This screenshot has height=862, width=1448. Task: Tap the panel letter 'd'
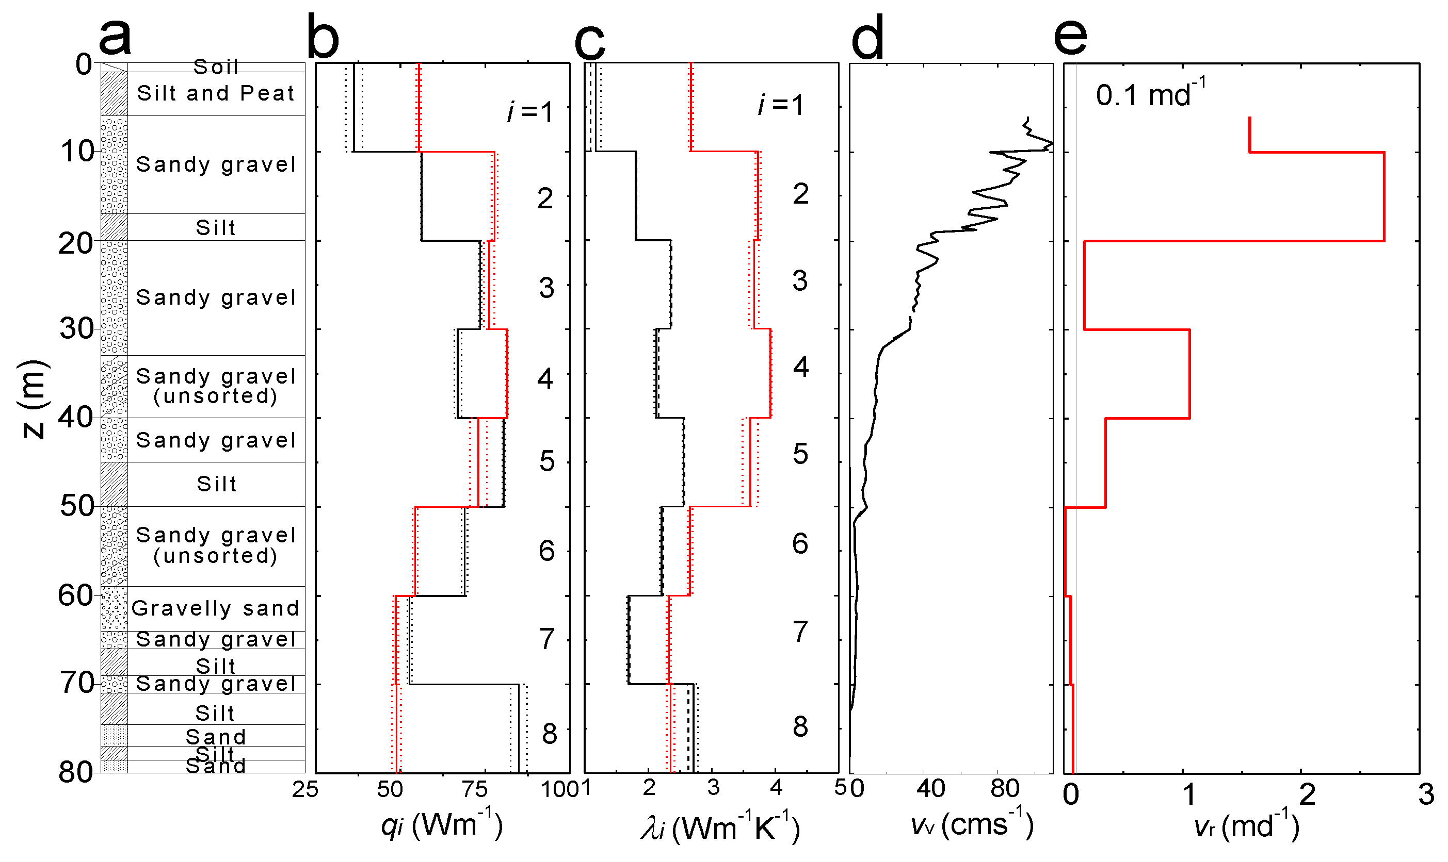867,37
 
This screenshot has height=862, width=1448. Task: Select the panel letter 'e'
1070,37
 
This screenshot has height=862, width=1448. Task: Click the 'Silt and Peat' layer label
216,93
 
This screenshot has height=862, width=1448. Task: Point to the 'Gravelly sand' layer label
216,608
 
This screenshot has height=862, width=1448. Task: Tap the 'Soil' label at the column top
216,67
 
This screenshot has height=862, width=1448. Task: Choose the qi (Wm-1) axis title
441,825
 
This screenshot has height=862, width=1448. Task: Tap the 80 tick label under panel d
1005,789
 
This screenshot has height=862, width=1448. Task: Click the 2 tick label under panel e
1307,794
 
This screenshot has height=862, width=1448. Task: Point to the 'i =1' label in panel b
529,111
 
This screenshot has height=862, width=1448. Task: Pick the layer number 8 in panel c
800,726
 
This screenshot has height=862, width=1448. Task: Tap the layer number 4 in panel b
545,379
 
